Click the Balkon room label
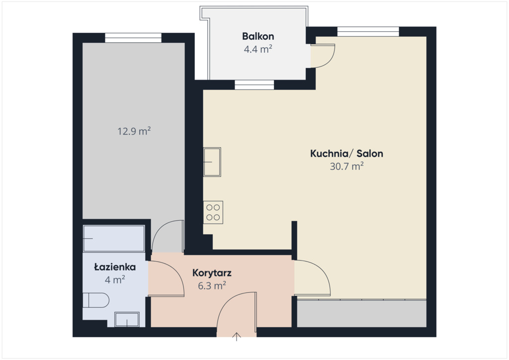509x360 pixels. tap(258, 36)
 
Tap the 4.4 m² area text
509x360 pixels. tap(258, 49)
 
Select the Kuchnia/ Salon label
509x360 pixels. tap(346, 153)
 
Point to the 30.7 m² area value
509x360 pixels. tap(346, 166)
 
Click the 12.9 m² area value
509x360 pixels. tap(134, 131)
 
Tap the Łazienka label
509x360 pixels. tap(115, 267)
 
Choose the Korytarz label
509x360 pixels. tap(212, 272)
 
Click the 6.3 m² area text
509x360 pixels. tap(212, 285)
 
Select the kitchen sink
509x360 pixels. tap(212, 162)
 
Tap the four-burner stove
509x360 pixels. tap(213, 212)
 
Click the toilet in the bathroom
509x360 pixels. tap(96, 300)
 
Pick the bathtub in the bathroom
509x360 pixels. tap(114, 239)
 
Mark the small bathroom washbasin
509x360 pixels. tap(127, 319)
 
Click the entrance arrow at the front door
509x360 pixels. tap(237, 337)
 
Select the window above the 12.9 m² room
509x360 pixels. tap(133, 38)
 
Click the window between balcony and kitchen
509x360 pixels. tap(254, 85)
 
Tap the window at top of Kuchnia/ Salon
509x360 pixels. tap(368, 31)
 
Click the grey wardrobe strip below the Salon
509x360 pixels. tap(362, 314)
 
